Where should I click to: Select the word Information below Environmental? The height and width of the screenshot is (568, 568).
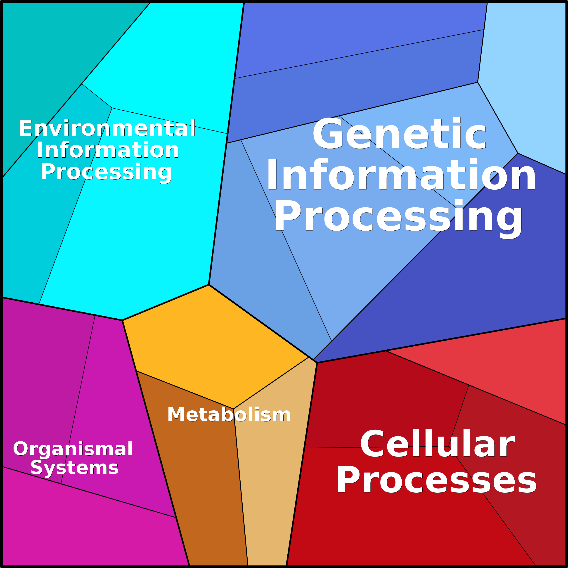[108, 150]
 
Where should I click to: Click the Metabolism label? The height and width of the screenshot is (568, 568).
[229, 415]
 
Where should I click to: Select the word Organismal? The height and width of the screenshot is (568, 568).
[73, 449]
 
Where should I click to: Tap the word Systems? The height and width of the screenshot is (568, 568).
[74, 468]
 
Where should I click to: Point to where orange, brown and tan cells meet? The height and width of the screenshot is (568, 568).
[233, 409]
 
